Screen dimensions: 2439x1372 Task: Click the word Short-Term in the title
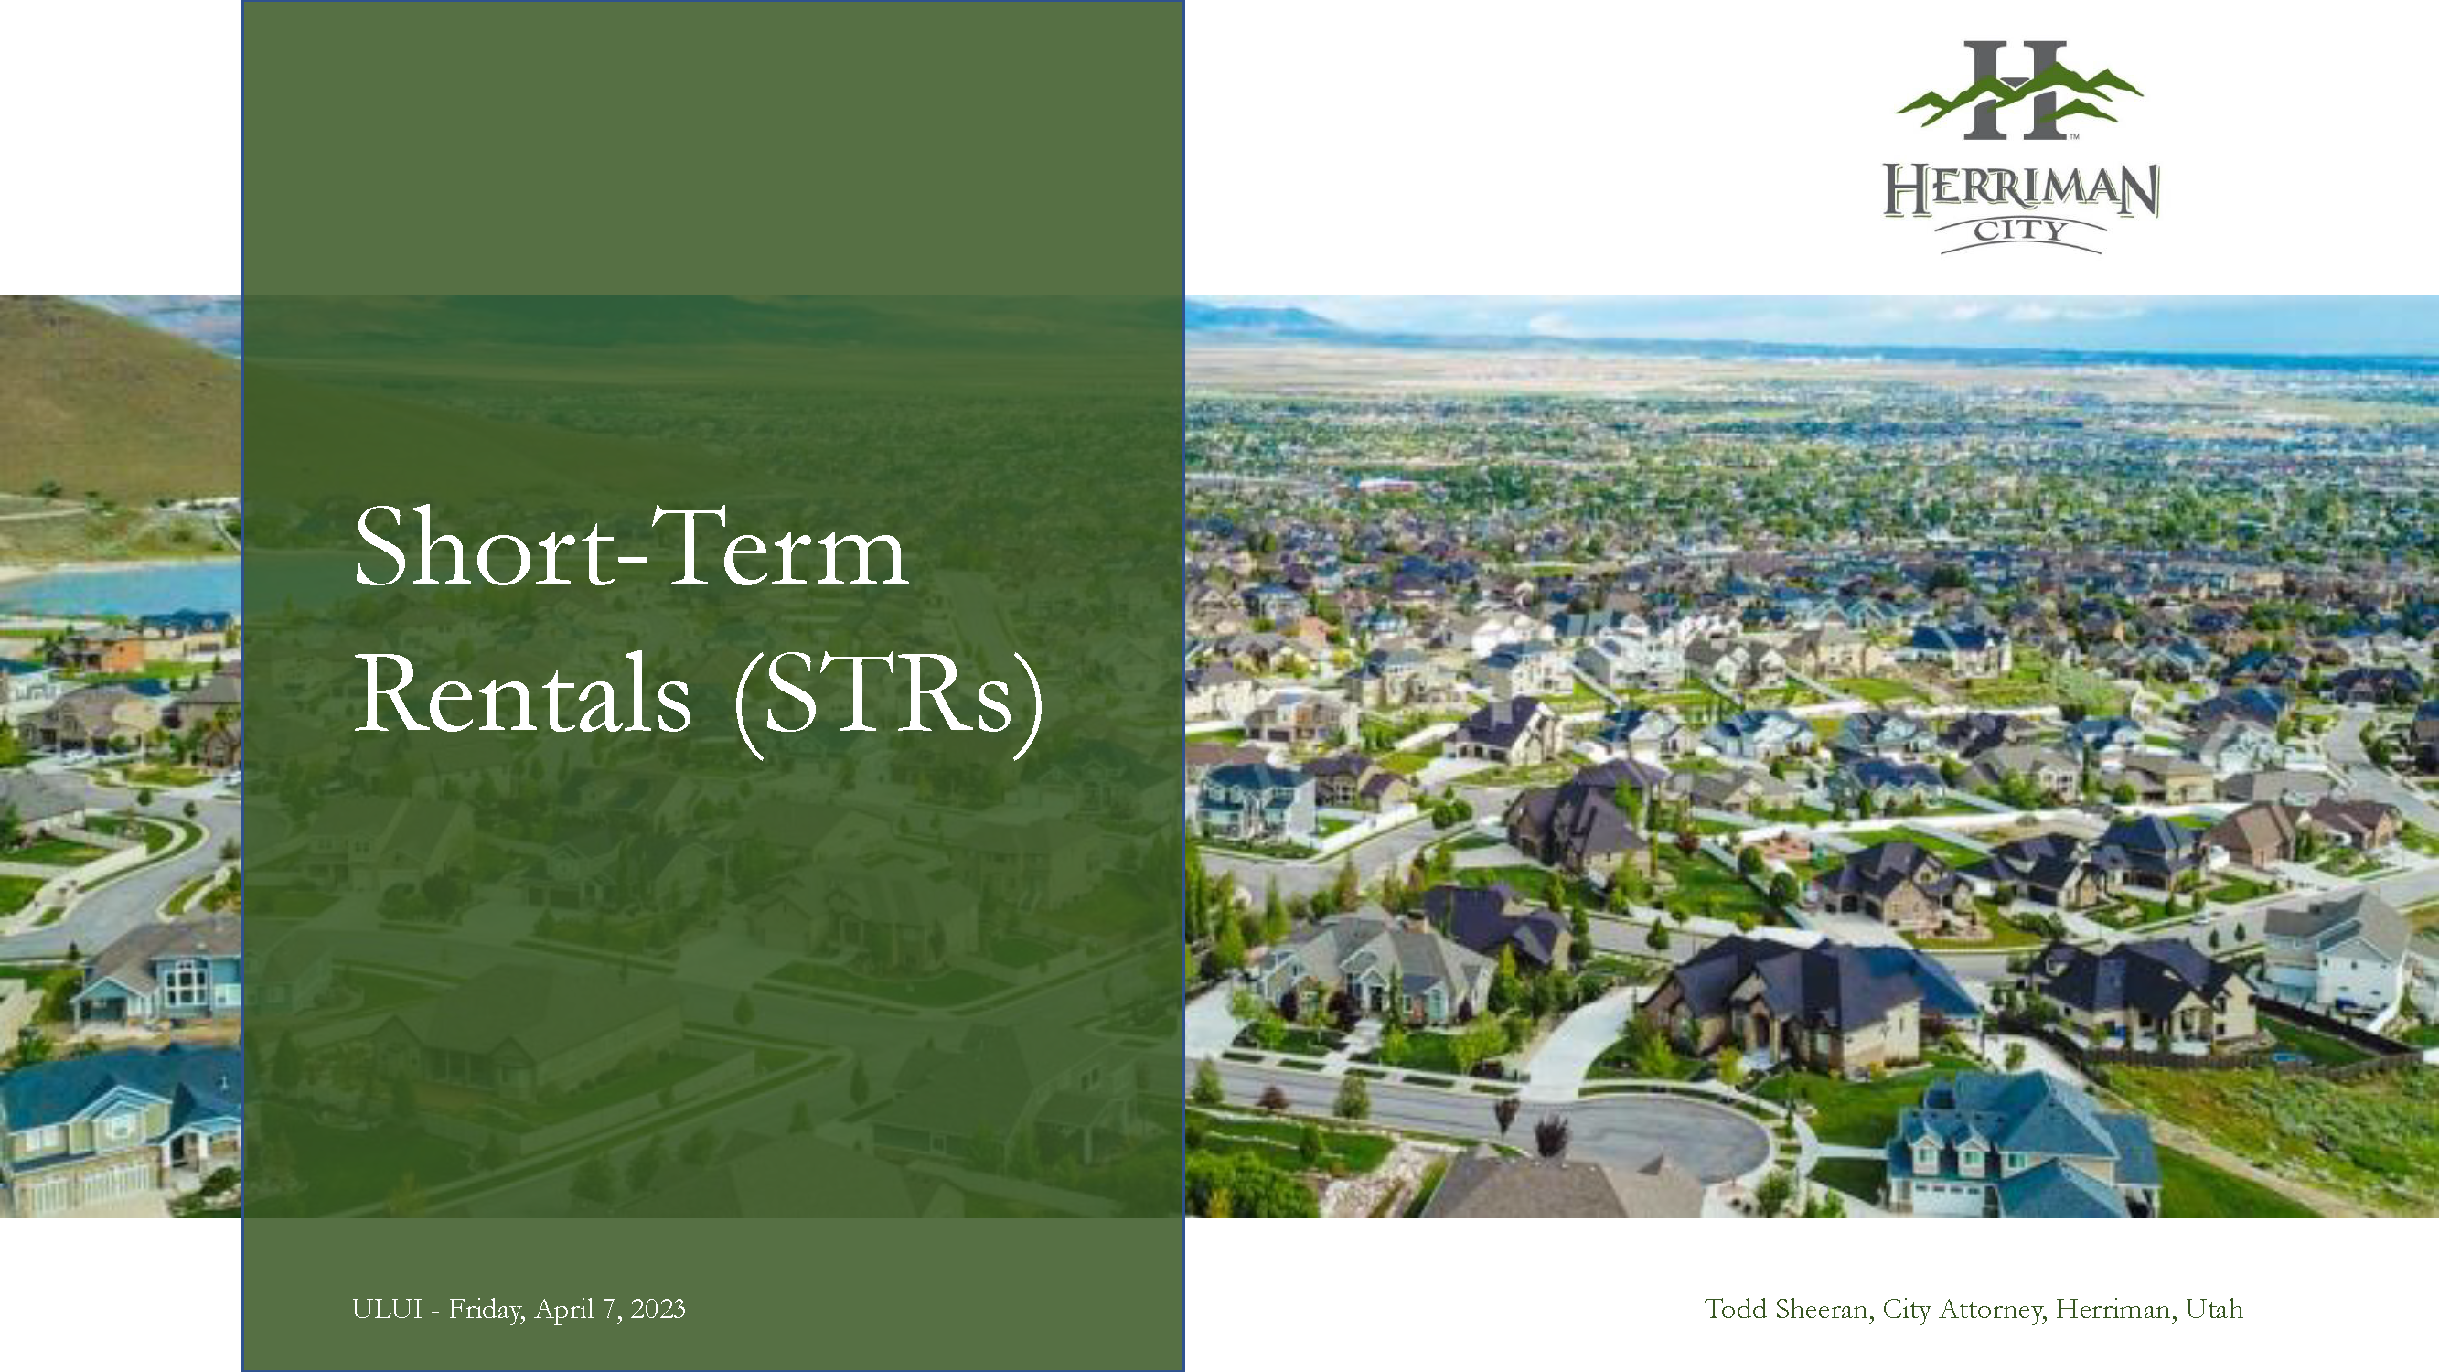point(632,548)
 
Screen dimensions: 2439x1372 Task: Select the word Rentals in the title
point(523,694)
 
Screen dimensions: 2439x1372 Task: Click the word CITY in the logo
point(2019,230)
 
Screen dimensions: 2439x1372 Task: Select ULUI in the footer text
point(387,1309)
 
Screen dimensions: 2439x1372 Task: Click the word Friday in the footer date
point(486,1310)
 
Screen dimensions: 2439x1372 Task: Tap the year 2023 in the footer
point(658,1309)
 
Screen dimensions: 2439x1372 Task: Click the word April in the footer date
point(564,1310)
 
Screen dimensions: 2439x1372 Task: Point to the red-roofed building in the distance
point(1387,485)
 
